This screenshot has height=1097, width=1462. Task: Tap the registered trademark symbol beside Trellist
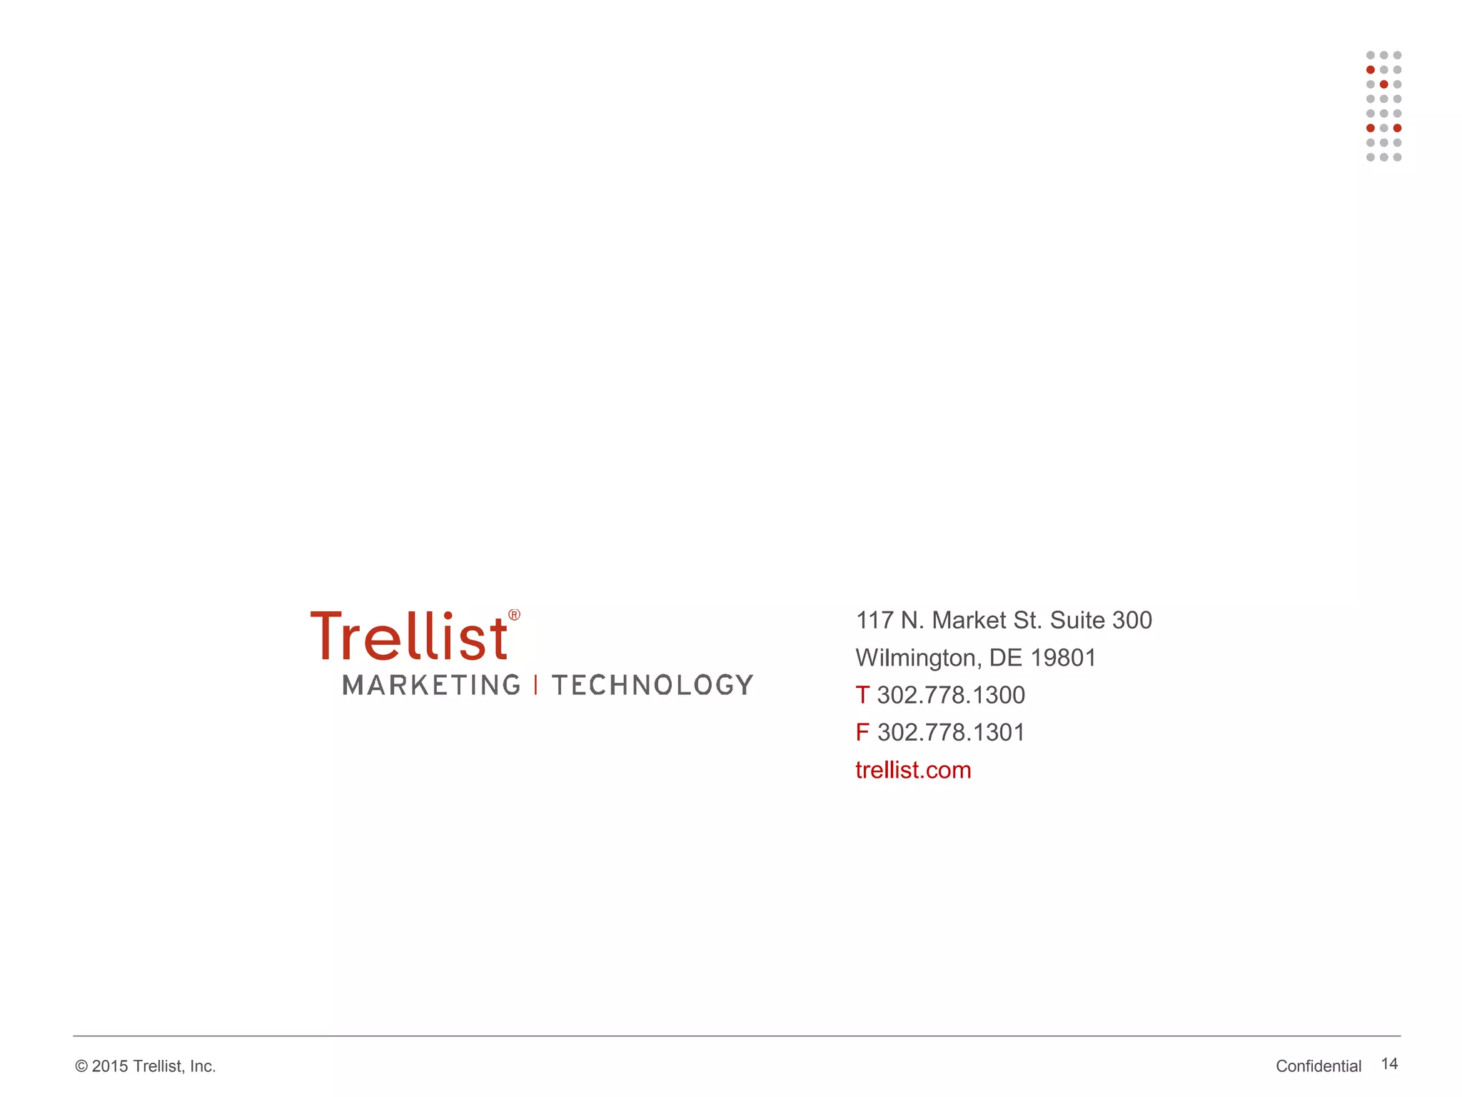coord(514,615)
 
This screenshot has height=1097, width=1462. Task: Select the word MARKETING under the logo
coord(432,685)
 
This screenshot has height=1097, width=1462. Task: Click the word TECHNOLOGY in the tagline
coord(652,685)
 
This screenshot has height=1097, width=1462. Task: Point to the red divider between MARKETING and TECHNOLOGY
coord(536,685)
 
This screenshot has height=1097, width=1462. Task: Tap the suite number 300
coord(1131,621)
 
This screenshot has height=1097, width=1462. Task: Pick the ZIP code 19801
coord(1063,658)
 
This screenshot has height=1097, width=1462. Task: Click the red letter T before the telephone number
coord(862,696)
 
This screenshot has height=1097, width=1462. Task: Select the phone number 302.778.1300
coord(951,696)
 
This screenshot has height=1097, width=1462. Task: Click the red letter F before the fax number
coord(862,733)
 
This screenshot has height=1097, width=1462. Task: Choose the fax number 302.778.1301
coord(951,733)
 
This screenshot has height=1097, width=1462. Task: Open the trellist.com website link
coord(913,770)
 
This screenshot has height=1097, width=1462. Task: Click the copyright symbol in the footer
coord(81,1066)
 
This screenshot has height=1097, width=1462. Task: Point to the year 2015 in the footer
coord(110,1066)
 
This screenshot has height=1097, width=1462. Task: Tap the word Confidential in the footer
coord(1319,1066)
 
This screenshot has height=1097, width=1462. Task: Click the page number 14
coord(1389,1064)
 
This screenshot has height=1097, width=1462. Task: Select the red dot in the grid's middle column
coord(1383,84)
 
